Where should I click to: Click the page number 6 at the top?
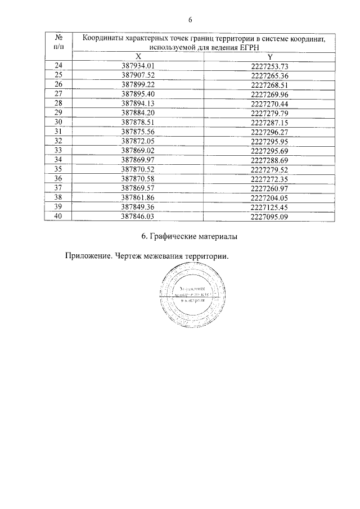[190, 20]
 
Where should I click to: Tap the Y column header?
[269, 57]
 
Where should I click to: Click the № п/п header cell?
[58, 40]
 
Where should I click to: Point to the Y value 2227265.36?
[269, 75]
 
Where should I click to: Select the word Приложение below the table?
[88, 256]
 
